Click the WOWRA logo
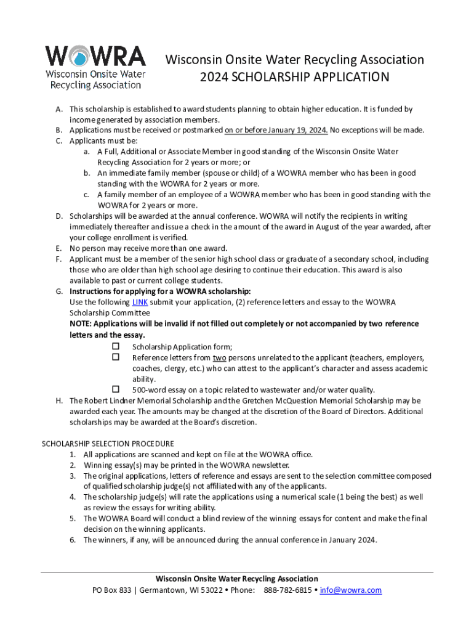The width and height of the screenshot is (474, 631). (x=95, y=67)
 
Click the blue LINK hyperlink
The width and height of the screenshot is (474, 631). (x=140, y=302)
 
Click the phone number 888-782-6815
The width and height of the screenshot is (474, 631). (x=287, y=590)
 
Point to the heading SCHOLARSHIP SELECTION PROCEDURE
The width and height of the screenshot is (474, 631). (x=107, y=444)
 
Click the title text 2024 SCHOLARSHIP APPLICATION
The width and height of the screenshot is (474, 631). (x=294, y=77)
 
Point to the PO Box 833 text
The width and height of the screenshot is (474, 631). (x=111, y=590)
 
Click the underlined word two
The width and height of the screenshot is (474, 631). (x=219, y=358)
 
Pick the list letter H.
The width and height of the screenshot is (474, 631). (x=59, y=401)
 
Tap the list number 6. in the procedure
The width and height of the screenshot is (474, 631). (x=72, y=540)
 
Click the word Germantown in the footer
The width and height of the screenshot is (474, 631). (x=163, y=590)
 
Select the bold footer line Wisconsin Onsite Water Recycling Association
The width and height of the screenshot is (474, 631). (x=237, y=579)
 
